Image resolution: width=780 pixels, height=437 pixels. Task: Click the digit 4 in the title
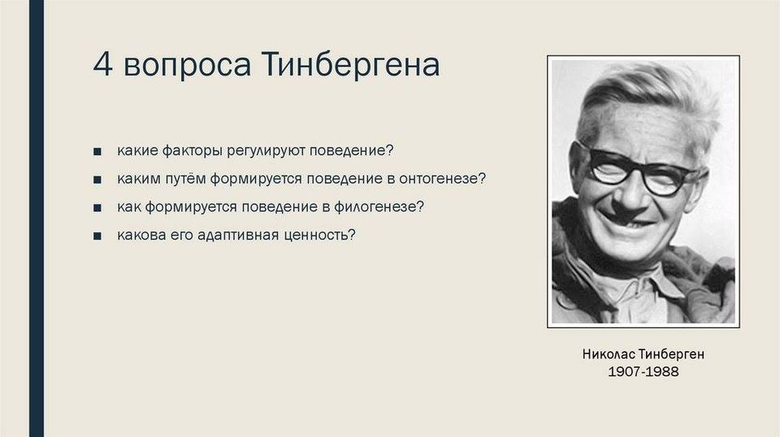102,64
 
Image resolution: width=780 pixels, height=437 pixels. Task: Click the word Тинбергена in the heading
349,65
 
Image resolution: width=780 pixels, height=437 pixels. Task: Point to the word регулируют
266,151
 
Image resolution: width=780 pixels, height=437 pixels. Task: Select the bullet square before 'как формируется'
97,208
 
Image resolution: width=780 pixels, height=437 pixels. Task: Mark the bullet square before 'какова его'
97,236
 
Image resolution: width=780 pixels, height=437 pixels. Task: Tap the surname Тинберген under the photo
672,354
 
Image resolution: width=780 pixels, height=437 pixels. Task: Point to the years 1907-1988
643,371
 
